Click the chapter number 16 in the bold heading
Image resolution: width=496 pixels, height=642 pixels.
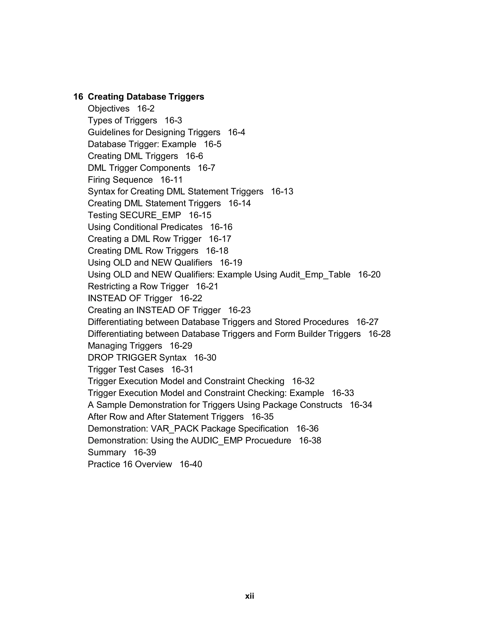[x=78, y=97]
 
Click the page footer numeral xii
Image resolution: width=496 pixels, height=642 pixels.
[x=249, y=596]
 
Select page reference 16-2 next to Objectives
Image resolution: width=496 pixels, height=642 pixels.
[x=146, y=109]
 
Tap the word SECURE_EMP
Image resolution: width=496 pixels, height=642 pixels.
[x=150, y=215]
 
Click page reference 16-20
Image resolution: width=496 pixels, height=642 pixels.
[x=369, y=274]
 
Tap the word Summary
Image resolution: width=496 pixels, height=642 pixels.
[x=107, y=452]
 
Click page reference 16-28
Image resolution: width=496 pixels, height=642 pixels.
[x=379, y=334]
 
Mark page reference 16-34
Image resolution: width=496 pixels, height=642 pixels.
[x=361, y=405]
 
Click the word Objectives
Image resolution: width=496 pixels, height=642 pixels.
[x=108, y=109]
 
